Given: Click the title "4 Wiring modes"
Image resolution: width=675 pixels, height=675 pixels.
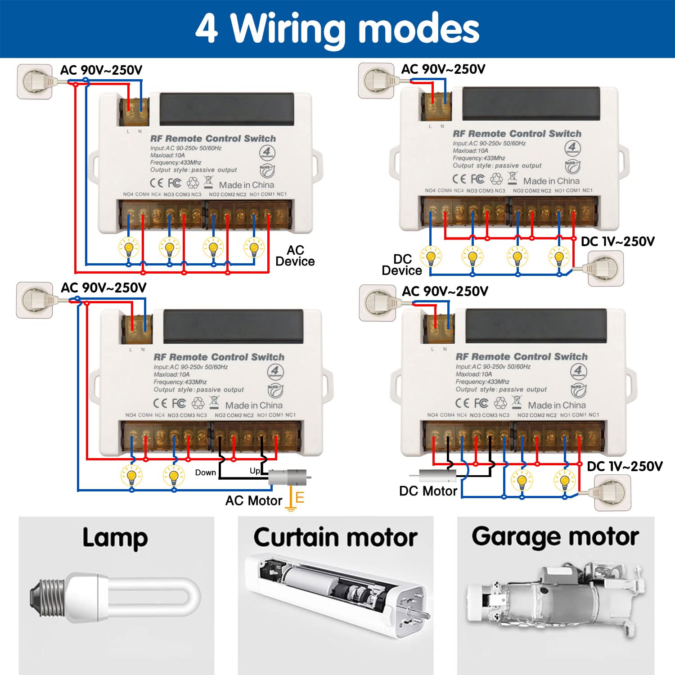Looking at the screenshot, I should pos(337,28).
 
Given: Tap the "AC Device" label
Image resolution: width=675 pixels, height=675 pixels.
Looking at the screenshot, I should pos(295,256).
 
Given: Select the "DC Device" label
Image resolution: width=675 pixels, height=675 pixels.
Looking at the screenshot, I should pos(402,265).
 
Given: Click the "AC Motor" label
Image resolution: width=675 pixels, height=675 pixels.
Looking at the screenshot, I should pos(253,500).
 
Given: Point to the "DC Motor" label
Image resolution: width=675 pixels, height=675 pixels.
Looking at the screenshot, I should pos(428,491).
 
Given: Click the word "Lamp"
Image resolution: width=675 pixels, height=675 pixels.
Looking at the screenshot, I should pos(115,537).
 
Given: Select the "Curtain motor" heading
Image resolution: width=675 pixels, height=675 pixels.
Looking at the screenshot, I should pos(335,537).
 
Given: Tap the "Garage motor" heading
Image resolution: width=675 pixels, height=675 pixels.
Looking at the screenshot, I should pos(555,536).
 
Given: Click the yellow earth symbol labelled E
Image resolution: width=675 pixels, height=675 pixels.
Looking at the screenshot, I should pos(295,499).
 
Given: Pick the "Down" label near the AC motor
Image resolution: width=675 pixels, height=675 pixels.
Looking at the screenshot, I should pos(206,472).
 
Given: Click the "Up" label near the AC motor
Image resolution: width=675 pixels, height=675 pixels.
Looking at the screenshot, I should pos(255,471).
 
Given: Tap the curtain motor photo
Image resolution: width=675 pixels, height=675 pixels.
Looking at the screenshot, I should pos(335,594).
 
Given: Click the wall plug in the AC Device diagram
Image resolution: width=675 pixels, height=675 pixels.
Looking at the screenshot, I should pos(35,81).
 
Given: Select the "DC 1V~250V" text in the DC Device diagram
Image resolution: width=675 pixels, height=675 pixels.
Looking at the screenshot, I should pos(617,242).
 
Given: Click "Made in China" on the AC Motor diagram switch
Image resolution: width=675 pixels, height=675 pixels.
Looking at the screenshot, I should pos(254,405).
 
